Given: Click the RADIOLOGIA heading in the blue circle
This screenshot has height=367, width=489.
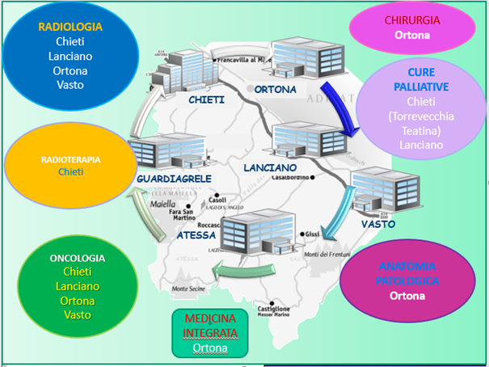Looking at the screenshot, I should pos(70,27).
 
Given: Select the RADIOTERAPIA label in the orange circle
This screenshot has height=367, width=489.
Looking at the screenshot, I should pos(71,159).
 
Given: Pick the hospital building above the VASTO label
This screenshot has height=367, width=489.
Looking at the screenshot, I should pos(377,192).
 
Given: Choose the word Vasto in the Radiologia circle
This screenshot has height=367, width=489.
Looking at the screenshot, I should pos(70,85).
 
